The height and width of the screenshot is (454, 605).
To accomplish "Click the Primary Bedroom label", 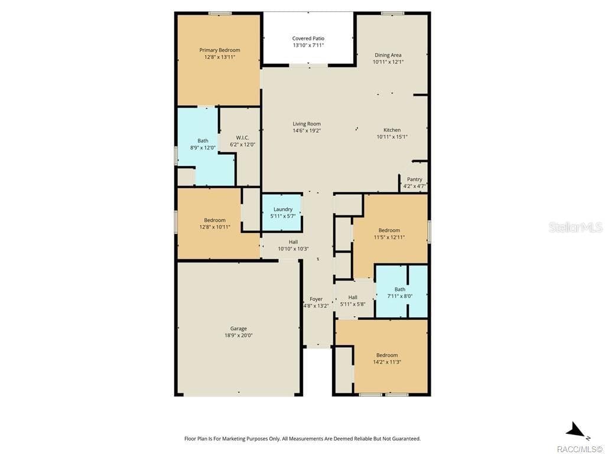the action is [x=220, y=50].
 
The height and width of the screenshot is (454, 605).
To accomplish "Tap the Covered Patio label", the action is [x=308, y=38].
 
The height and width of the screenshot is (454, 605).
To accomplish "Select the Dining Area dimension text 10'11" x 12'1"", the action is [x=388, y=61].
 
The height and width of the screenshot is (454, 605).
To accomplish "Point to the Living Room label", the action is [x=307, y=124].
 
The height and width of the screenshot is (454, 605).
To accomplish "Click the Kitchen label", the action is [x=392, y=130].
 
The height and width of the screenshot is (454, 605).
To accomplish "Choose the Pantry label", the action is [x=415, y=180].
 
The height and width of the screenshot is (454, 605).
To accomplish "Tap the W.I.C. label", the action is [x=243, y=138].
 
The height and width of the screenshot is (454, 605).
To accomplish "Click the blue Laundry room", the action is [x=282, y=213].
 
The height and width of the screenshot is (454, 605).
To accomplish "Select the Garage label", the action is [x=239, y=329].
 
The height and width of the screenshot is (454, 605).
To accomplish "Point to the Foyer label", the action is [x=316, y=299].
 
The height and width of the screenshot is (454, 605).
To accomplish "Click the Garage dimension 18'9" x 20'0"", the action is [x=239, y=336].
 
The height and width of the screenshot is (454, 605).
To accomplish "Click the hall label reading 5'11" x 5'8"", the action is [x=353, y=304].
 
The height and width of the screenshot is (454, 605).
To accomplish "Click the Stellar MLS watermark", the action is [x=575, y=227].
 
